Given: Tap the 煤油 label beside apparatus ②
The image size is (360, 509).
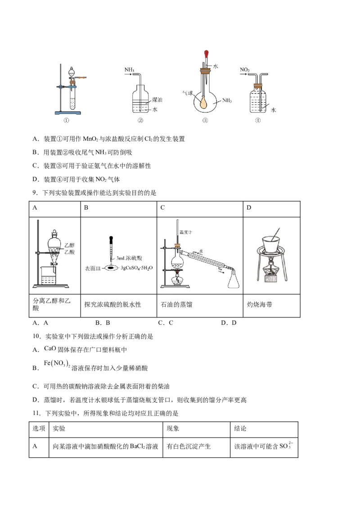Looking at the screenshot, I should [x=157, y=99].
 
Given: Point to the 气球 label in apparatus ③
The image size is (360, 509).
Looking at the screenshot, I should [x=187, y=94].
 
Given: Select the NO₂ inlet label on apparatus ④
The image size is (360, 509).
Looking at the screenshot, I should [x=245, y=70].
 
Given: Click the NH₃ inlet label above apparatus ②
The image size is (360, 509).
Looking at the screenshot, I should [x=129, y=70].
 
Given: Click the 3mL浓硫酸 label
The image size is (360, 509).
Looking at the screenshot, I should [x=129, y=259].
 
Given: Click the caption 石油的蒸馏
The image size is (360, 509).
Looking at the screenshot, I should [x=176, y=304].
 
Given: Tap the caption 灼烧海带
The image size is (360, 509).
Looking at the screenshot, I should [x=260, y=304].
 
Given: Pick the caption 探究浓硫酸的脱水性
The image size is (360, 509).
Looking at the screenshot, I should [x=112, y=304].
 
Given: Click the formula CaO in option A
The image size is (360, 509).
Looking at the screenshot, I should [x=49, y=348].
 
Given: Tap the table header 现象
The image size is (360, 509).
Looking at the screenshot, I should [x=173, y=429].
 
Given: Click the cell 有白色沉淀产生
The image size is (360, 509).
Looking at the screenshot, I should [x=189, y=446].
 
